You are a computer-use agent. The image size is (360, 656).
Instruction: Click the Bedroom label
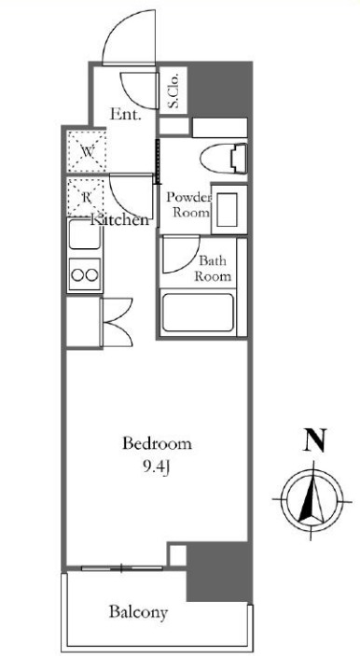pyautogui.click(x=157, y=443)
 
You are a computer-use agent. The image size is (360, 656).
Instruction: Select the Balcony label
pyautogui.click(x=138, y=612)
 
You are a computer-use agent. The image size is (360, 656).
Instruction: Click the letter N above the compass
pyautogui.click(x=313, y=441)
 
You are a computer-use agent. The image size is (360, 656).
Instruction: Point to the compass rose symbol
pyautogui.click(x=312, y=500)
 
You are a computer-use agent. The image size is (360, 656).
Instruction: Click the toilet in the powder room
pyautogui.click(x=223, y=159)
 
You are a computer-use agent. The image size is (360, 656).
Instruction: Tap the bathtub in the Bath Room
pyautogui.click(x=198, y=312)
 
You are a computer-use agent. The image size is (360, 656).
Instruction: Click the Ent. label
pyautogui.click(x=125, y=114)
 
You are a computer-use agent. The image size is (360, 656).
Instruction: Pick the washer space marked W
pyautogui.click(x=86, y=150)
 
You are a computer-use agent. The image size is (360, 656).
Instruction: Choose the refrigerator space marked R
pyautogui.click(x=86, y=197)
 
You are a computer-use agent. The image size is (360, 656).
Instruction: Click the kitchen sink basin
pyautogui.click(x=85, y=235)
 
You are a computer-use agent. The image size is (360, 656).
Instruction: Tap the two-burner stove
pyautogui.click(x=85, y=274)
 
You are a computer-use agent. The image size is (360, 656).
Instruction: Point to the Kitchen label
pyautogui.click(x=120, y=220)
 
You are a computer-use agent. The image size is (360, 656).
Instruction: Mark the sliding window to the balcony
pyautogui.click(x=121, y=568)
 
